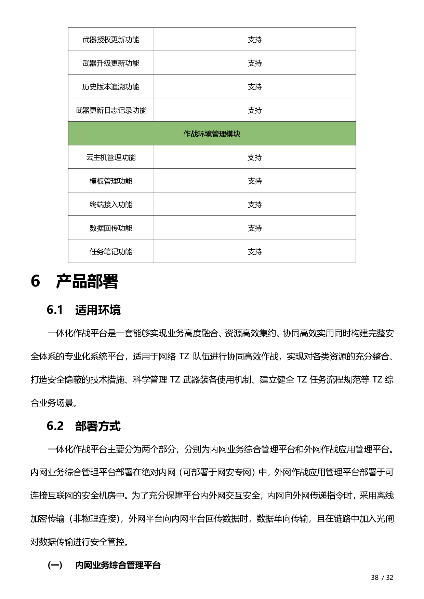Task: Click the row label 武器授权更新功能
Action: coord(111,40)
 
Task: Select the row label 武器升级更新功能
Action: coord(111,63)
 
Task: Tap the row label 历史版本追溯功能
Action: coord(111,87)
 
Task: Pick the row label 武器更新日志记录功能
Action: coord(111,110)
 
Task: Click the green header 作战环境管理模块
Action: coord(212,134)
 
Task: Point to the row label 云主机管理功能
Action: coord(111,157)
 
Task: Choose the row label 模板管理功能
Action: coord(111,181)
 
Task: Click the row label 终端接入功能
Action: coord(111,205)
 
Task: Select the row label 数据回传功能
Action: coord(111,228)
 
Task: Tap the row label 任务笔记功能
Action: coord(111,252)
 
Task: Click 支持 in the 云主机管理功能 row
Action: coord(255,157)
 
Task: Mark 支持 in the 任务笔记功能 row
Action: coord(255,252)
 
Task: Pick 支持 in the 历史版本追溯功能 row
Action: coord(255,87)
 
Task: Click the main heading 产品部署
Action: coord(87,282)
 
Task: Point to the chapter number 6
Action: coord(35,282)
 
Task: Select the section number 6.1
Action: coord(55,310)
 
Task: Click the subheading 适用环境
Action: coord(98,310)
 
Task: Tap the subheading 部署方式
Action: coord(98,426)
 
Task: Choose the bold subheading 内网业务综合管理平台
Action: coord(118,565)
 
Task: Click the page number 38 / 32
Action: coord(382,577)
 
